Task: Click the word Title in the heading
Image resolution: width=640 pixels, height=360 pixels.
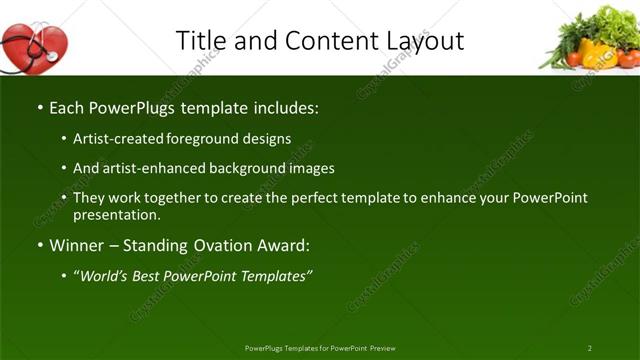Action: [x=198, y=41]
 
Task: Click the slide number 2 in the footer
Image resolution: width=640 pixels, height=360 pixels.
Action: [x=590, y=348]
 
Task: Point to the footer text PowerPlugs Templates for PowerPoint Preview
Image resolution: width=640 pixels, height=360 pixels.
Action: [x=320, y=348]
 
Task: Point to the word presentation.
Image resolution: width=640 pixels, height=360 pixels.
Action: [x=116, y=215]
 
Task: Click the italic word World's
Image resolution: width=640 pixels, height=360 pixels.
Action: [x=105, y=276]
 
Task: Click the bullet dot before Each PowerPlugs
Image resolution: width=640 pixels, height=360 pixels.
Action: [x=39, y=107]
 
